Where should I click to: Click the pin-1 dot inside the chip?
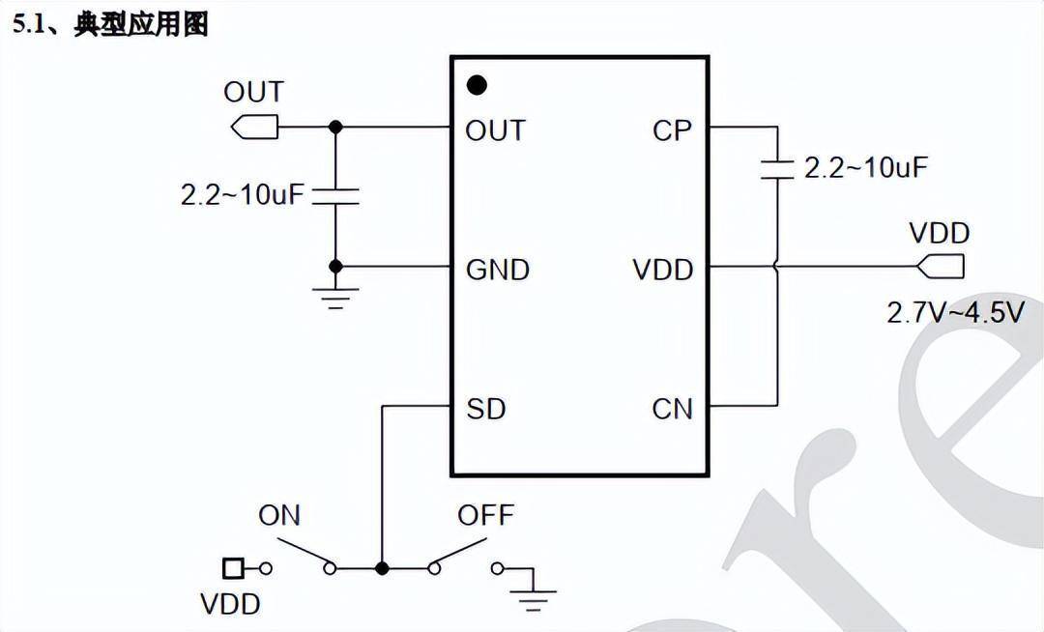[477, 85]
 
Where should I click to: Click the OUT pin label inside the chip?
[495, 130]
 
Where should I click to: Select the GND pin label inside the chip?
[498, 270]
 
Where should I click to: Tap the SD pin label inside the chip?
[485, 409]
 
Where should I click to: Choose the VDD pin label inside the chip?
[663, 270]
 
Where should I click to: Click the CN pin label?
[672, 409]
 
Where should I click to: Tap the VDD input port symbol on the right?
[941, 265]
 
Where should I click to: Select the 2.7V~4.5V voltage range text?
[955, 312]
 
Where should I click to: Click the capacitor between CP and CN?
[776, 168]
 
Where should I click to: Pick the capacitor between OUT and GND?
[335, 196]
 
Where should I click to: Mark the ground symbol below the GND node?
[335, 294]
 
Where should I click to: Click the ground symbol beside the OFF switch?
[532, 590]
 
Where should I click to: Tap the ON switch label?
[279, 515]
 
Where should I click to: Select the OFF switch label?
[485, 515]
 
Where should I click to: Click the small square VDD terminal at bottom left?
[232, 568]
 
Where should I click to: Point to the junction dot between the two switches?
[382, 568]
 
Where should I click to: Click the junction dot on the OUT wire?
[335, 127]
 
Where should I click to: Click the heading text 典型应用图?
[141, 24]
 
